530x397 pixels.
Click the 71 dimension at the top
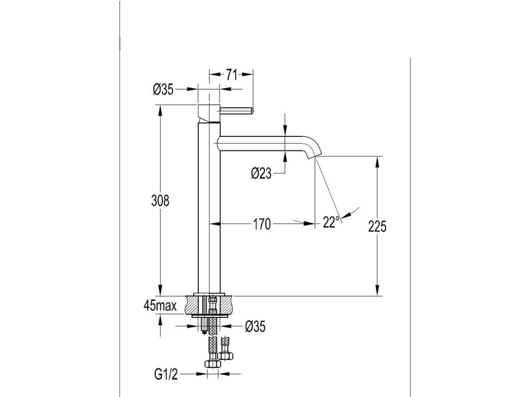(x=231, y=75)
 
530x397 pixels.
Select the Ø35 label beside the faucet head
(x=163, y=90)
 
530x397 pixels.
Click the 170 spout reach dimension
(x=262, y=224)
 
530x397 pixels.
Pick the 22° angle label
(x=332, y=222)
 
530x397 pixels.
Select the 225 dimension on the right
(x=379, y=226)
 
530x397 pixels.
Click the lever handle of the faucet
(x=237, y=110)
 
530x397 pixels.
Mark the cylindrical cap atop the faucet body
(x=210, y=112)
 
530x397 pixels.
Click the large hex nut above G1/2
(x=212, y=365)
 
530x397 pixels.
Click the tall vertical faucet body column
(x=210, y=207)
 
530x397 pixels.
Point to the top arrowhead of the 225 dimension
(x=379, y=160)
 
